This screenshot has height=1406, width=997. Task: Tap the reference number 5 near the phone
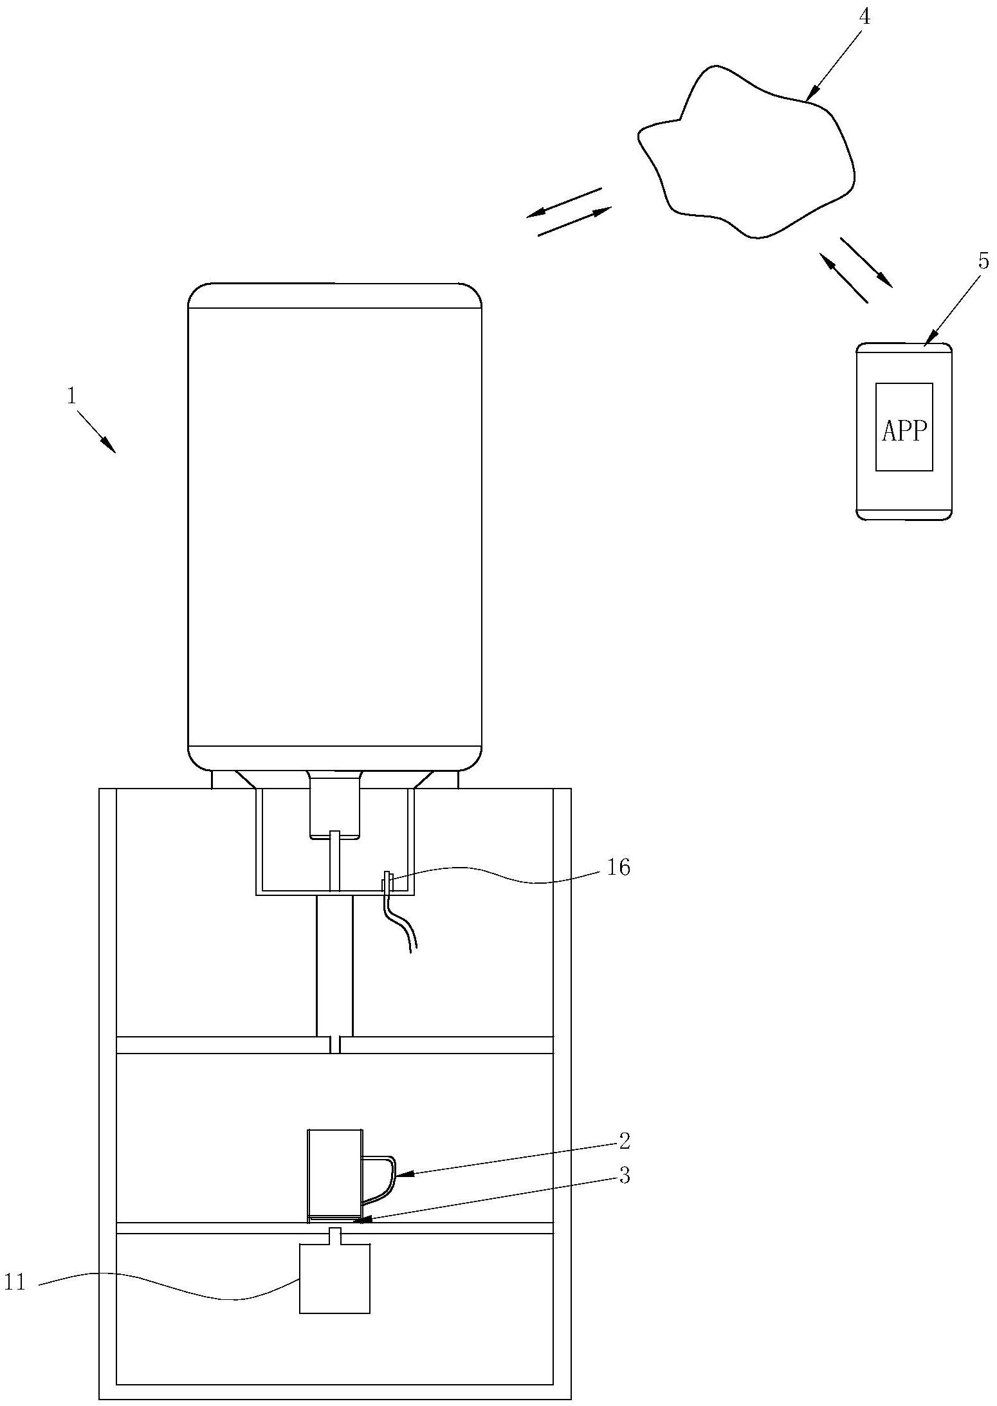tap(983, 261)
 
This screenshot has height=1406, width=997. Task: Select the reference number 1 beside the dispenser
tap(71, 396)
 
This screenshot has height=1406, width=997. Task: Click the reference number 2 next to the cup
tap(624, 1141)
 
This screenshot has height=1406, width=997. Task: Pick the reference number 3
tap(624, 1175)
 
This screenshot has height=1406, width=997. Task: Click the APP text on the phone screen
tap(904, 431)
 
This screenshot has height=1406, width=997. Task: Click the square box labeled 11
tap(334, 1278)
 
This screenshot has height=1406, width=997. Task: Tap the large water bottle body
tap(334, 526)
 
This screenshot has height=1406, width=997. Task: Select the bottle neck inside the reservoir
tap(334, 804)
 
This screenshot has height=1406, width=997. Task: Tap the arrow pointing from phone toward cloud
tap(843, 277)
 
